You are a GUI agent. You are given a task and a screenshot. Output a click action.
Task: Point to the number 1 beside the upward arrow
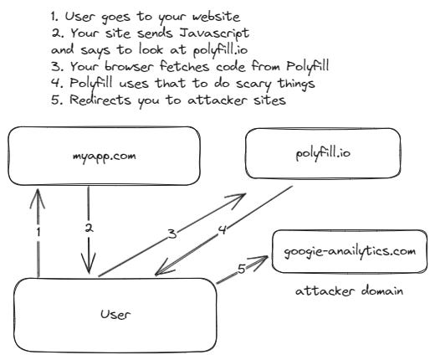click(x=38, y=231)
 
